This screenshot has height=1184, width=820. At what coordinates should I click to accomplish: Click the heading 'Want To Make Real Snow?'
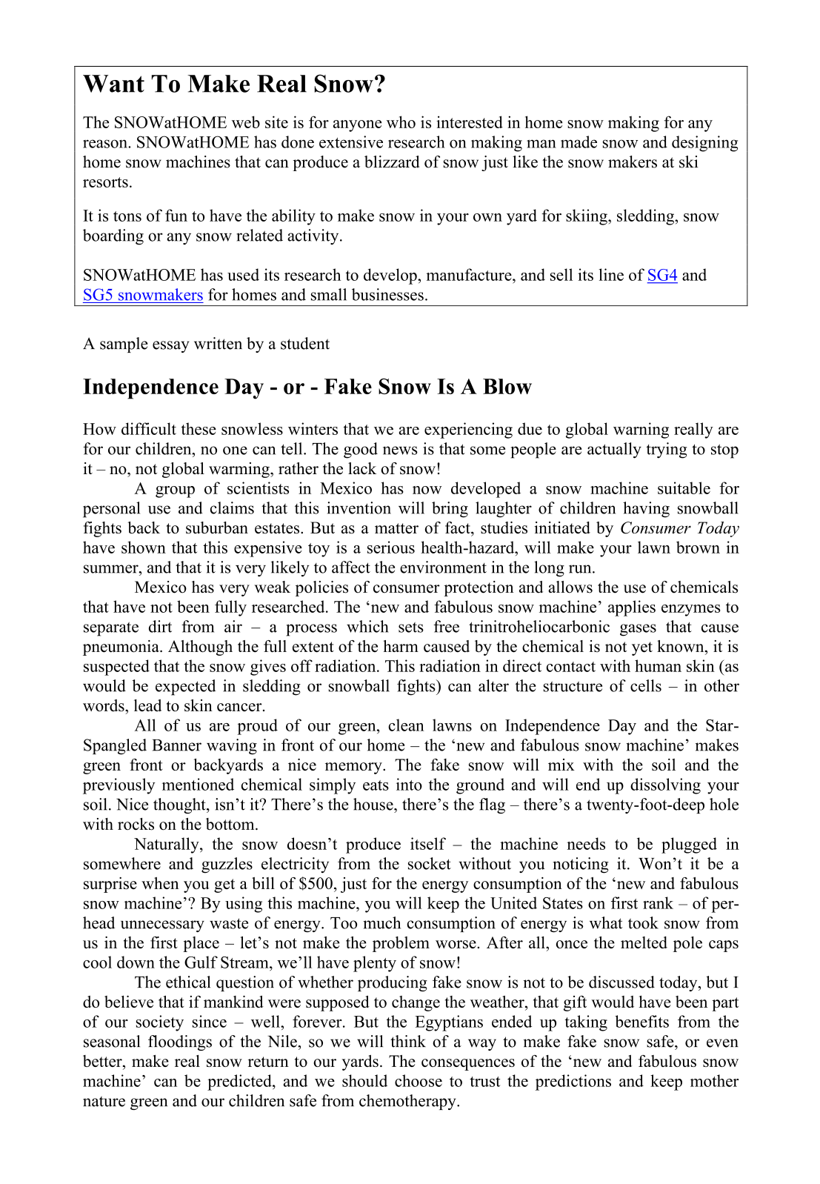pyautogui.click(x=234, y=84)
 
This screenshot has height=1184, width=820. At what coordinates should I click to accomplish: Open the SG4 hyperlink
pyautogui.click(x=661, y=276)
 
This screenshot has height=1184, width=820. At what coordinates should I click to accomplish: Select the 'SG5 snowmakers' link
pyautogui.click(x=143, y=296)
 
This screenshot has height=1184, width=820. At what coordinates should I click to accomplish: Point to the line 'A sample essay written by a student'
pyautogui.click(x=206, y=344)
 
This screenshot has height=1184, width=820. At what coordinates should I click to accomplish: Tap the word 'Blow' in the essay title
pyautogui.click(x=507, y=388)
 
